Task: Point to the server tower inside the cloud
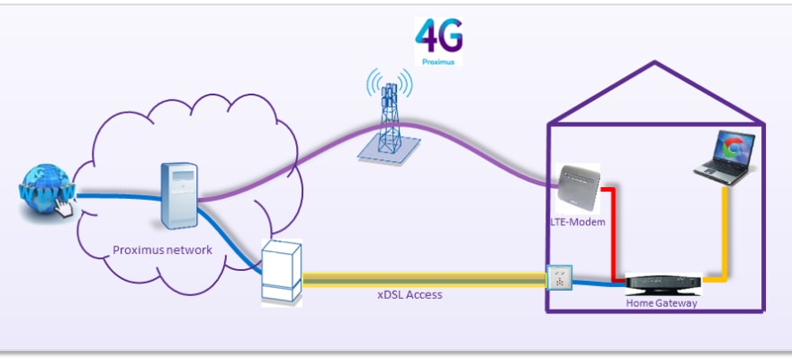click(178, 196)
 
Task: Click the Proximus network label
click(163, 250)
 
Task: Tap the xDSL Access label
click(409, 294)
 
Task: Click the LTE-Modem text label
click(575, 221)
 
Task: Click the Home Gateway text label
click(661, 303)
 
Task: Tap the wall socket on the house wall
click(559, 277)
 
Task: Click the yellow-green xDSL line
click(423, 280)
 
